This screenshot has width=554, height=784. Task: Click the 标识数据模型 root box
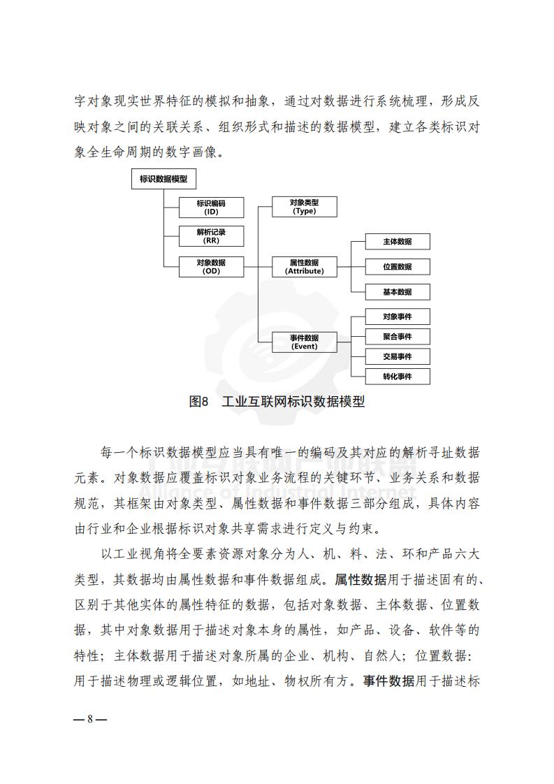163,179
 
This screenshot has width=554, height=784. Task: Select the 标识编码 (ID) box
212,208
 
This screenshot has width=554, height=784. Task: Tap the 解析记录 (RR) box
212,236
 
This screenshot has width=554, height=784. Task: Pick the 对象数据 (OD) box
212,266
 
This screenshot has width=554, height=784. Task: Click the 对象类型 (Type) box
305,207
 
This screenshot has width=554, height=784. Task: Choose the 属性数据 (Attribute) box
305,266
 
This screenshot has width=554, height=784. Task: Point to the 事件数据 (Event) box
305,342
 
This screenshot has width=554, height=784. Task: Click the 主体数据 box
398,242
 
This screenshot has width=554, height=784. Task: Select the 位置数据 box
398,266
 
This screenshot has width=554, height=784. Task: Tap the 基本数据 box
398,291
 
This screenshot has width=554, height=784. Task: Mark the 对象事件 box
398,317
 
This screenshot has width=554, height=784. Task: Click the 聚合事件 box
398,337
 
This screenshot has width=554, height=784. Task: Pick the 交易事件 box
398,356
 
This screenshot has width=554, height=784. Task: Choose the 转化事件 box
398,377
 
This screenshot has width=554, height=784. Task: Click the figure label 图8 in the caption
198,401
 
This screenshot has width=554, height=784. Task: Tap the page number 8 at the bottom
90,719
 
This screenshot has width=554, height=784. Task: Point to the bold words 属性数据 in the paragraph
360,579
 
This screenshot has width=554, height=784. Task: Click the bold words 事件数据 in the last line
388,681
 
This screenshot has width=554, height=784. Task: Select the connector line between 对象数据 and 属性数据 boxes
258,267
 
